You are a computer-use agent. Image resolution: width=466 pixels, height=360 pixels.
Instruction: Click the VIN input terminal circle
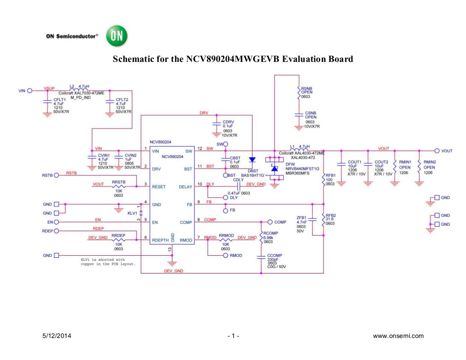(x=30, y=90)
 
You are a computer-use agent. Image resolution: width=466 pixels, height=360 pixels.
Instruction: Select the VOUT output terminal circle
(x=437, y=151)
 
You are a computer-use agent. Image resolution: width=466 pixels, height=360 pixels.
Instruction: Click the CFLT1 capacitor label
(x=59, y=99)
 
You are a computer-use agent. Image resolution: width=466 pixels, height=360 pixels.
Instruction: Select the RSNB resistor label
(x=307, y=88)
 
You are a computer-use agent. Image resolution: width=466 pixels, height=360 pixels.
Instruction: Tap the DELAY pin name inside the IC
(x=185, y=187)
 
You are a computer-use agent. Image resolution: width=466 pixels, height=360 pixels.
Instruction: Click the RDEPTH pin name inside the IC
(x=160, y=240)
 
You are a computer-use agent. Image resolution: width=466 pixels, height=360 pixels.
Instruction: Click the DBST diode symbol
(x=252, y=160)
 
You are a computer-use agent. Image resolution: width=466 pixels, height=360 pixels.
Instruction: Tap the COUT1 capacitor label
(x=354, y=162)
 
